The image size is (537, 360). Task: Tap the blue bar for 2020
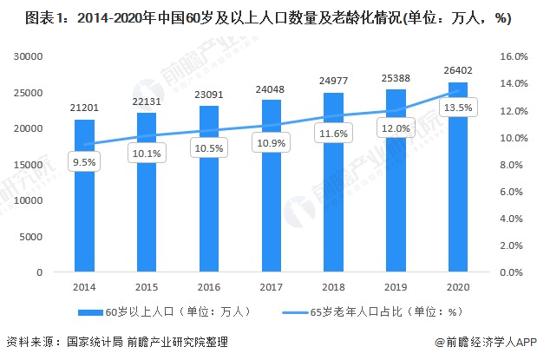pyautogui.click(x=458, y=177)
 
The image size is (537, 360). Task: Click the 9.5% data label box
pyautogui.click(x=84, y=162)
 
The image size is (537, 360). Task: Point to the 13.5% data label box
pyautogui.click(x=458, y=107)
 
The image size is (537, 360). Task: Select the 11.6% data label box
pyautogui.click(x=334, y=134)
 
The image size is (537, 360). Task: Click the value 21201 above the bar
pyautogui.click(x=84, y=108)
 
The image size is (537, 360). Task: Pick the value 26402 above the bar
pyautogui.click(x=458, y=70)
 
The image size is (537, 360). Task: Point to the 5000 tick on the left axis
pyautogui.click(x=32, y=236)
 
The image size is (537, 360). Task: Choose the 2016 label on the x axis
pyautogui.click(x=209, y=287)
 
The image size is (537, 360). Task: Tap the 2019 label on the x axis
pyautogui.click(x=396, y=287)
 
